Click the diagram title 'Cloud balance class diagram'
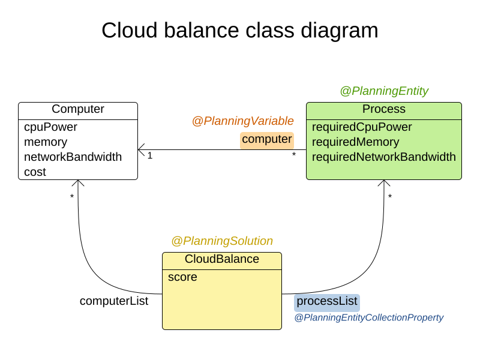(239, 31)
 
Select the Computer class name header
(78, 109)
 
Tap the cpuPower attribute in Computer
(50, 127)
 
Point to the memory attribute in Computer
(46, 142)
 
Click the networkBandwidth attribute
(73, 157)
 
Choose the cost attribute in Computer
(35, 172)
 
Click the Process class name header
(384, 109)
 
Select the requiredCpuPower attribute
(362, 127)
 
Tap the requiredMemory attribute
(355, 142)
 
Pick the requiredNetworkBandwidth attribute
(384, 157)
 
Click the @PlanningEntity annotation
(384, 91)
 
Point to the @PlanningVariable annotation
(242, 121)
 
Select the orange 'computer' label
(267, 140)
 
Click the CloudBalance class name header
(222, 259)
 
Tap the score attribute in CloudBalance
(182, 277)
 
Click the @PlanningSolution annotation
(222, 241)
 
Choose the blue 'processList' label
(326, 302)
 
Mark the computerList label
(114, 301)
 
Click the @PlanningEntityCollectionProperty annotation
(368, 318)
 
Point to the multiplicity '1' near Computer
(150, 156)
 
